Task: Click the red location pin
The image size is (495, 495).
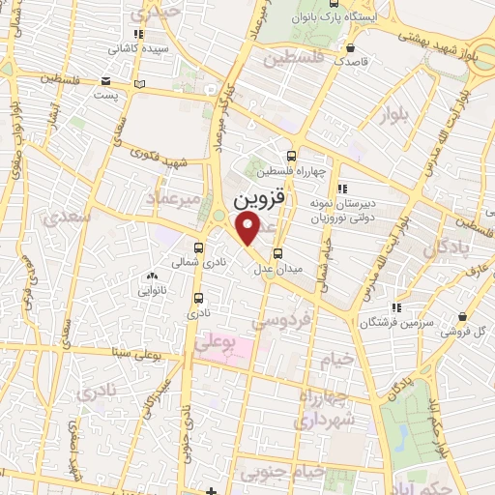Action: pyautogui.click(x=247, y=228)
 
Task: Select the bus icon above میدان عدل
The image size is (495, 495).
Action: pyautogui.click(x=278, y=254)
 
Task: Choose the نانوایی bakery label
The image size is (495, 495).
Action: pyautogui.click(x=151, y=289)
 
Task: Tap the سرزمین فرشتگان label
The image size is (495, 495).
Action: pyautogui.click(x=392, y=321)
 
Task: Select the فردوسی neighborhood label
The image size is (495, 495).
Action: pyautogui.click(x=282, y=318)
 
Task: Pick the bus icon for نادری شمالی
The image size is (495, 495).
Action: pyautogui.click(x=198, y=247)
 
